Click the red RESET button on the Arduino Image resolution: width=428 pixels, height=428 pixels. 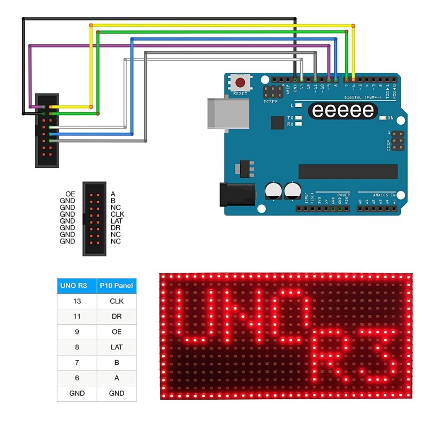point(241,83)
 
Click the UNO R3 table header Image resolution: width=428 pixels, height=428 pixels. point(77,286)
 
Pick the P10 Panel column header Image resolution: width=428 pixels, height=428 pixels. point(116,286)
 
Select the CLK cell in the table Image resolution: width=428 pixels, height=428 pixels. point(116,301)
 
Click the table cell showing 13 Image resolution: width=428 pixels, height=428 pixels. point(77,301)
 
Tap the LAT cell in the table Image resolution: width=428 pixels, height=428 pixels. point(116,347)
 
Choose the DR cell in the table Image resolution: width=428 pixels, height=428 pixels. point(116,317)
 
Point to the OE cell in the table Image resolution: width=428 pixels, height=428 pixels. point(116,332)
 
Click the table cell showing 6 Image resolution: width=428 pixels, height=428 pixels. point(77,378)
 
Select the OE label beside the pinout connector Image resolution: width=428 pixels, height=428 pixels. point(70,194)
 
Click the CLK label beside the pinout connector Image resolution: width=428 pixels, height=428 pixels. point(117,214)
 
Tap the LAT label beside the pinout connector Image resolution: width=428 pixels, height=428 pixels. point(117,221)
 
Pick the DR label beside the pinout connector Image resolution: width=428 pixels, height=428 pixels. point(115,228)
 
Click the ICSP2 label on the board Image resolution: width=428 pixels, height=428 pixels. point(270,101)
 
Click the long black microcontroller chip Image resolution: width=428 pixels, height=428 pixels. point(348,171)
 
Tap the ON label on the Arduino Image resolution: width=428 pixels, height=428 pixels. point(391,118)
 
